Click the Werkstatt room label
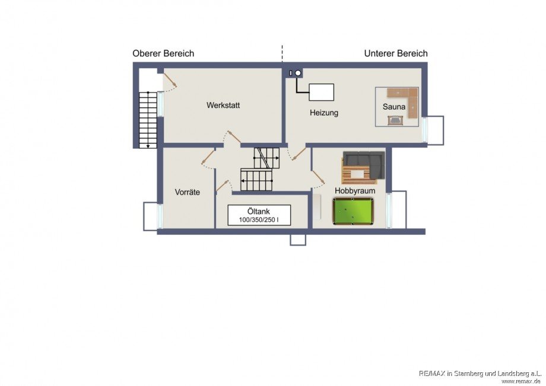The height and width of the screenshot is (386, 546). pos(223,105)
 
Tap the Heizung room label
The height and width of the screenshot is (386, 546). pos(324,113)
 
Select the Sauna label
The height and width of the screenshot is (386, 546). pos(394,107)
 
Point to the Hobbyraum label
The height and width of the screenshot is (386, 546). pos(355,190)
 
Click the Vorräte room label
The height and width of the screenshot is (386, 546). pos(188,192)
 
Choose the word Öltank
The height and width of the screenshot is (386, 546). pos(258,211)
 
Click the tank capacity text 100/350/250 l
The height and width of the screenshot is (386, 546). pos(259,220)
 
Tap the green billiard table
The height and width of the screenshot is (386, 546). pos(353,211)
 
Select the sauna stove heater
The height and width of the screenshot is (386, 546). pos(395,120)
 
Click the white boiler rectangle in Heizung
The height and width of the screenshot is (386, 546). pos(322,92)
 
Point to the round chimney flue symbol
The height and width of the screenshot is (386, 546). pos(298,73)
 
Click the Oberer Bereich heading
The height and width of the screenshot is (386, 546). pos(163,53)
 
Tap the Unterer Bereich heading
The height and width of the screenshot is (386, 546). pos(396,53)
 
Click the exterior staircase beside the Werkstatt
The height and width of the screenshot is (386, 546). pos(148,120)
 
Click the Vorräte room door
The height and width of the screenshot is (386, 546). pos(208,157)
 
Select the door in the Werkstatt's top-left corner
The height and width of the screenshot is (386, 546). pos(170,80)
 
